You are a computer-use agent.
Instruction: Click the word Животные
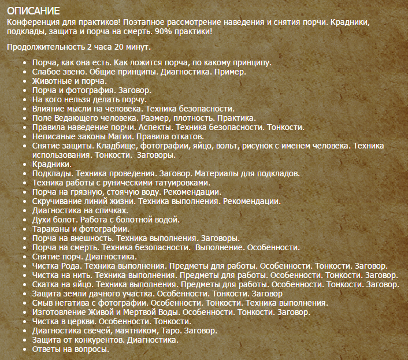(54, 81)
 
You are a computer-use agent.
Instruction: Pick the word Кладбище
(116, 146)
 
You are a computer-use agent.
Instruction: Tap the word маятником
(115, 331)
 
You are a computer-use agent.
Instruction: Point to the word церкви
(80, 322)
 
